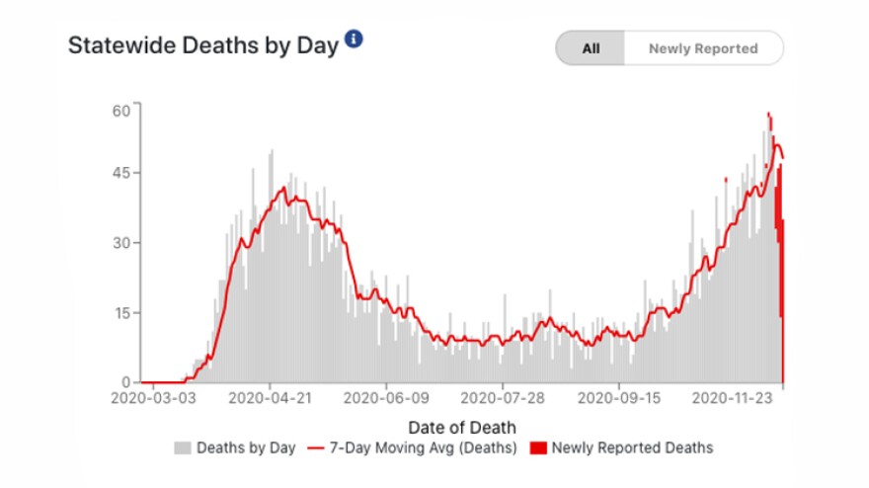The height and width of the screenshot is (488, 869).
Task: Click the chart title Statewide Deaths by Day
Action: click(202, 46)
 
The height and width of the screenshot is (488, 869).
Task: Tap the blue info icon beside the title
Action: click(354, 40)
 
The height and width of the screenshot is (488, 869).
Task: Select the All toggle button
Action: click(591, 48)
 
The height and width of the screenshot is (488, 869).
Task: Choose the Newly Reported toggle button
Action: click(703, 48)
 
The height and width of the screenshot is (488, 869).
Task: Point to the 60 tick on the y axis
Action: click(120, 110)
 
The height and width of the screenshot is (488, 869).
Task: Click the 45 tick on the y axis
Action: click(120, 173)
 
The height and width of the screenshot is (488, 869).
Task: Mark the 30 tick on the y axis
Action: click(120, 243)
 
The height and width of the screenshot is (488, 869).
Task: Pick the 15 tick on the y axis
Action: click(120, 312)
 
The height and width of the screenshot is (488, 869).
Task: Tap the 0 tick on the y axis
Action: click(124, 382)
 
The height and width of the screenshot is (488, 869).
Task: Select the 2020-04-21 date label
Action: click(270, 400)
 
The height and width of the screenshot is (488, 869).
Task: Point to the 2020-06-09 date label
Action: click(386, 400)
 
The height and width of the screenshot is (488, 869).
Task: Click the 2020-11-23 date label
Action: click(736, 400)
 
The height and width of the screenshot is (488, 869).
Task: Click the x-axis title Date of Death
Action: click(461, 427)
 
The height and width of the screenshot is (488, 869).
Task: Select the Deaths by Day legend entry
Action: click(245, 447)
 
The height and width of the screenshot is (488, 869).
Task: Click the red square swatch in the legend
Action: click(538, 448)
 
